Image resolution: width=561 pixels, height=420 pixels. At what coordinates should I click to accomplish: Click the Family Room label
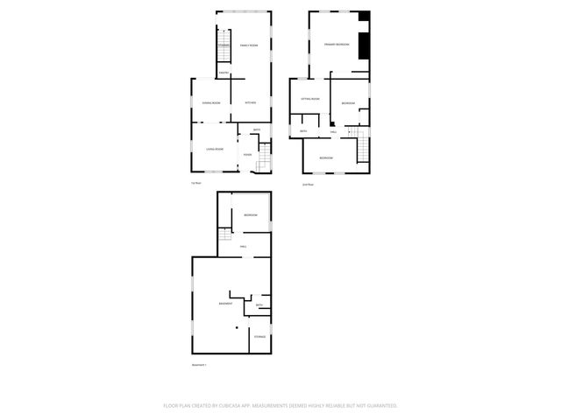tap(249, 45)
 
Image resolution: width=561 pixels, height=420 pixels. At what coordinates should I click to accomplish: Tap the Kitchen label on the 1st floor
tap(250, 103)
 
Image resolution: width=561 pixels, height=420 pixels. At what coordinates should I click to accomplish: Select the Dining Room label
tap(211, 103)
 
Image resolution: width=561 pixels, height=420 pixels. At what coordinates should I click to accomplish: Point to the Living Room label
tap(215, 150)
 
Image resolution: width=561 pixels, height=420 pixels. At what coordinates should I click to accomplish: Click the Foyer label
tap(248, 155)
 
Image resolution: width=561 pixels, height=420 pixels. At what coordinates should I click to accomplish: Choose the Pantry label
tap(224, 73)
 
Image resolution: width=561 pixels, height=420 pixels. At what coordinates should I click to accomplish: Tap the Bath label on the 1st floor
tap(256, 131)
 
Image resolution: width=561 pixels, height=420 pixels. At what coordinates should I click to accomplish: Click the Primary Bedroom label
tap(337, 44)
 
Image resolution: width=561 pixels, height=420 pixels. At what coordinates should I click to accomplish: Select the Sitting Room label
tap(310, 99)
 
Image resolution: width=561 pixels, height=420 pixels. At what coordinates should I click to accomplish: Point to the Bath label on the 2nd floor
tap(303, 131)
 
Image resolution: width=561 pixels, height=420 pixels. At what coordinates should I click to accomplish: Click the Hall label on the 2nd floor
tap(333, 131)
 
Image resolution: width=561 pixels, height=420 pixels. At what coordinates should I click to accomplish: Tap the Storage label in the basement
tap(260, 336)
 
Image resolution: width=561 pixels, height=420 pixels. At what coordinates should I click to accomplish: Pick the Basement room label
tap(225, 304)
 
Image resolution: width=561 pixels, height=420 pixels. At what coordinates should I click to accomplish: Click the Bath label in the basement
tap(259, 305)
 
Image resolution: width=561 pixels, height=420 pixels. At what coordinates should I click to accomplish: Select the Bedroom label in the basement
tap(251, 215)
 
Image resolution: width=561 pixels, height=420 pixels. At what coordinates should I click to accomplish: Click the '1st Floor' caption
tap(196, 183)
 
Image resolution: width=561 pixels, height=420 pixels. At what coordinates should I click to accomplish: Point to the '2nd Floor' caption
tap(308, 185)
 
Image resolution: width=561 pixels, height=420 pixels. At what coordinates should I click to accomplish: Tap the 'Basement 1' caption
tap(199, 364)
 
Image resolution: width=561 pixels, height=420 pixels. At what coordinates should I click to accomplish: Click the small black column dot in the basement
tap(238, 326)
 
